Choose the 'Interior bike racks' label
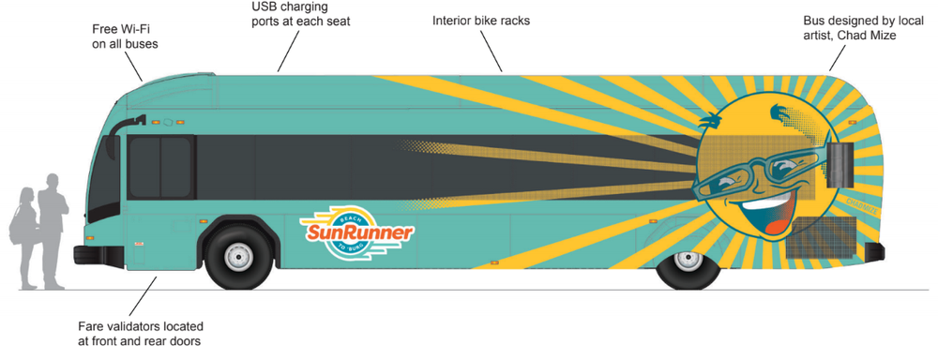(481, 20)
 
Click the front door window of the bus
(160, 169)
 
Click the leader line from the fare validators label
(141, 296)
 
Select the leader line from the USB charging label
(290, 50)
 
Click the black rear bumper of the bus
(874, 250)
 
